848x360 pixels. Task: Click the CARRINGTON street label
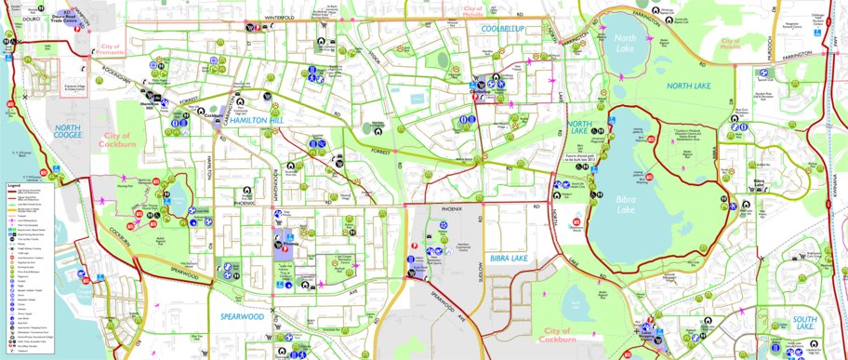click(229, 106)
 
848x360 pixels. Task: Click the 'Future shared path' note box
click(585, 159)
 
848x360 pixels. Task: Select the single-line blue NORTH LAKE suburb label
click(689, 86)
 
